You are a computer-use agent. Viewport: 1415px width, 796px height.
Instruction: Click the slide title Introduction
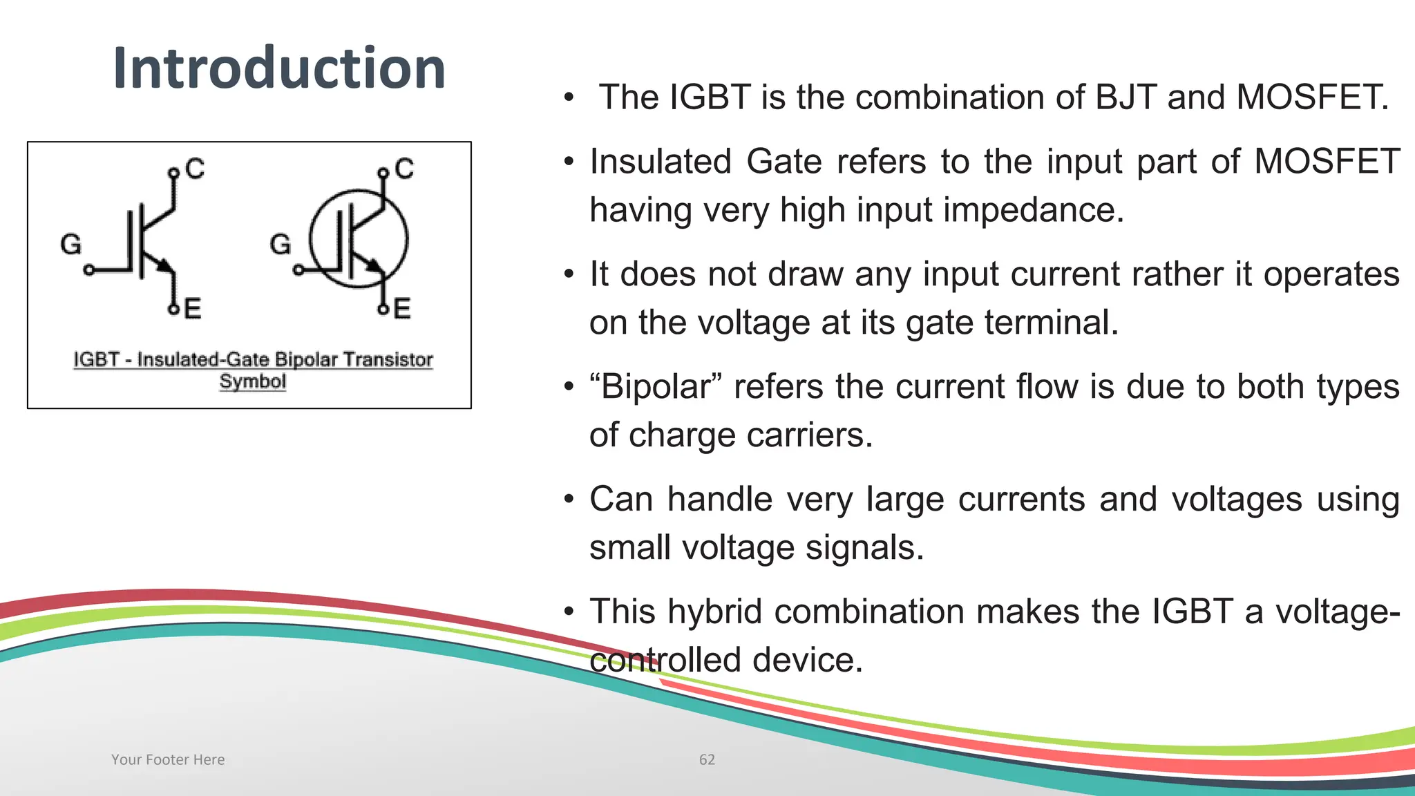point(279,68)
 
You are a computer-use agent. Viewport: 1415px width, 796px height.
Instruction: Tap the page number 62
point(707,759)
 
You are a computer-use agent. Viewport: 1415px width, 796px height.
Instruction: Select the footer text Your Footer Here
point(168,759)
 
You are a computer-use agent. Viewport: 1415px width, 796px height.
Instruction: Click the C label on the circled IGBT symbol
point(404,169)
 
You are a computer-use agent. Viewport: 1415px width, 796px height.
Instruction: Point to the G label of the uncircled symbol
point(70,244)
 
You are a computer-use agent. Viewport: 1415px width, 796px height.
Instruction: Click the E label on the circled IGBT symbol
point(402,308)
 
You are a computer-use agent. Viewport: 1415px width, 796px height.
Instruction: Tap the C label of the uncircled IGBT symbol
point(195,169)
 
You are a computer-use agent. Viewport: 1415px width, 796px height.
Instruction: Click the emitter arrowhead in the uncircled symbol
point(164,265)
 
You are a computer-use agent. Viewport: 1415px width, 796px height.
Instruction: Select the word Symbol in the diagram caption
point(252,381)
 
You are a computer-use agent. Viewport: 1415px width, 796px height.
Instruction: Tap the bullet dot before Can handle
point(569,499)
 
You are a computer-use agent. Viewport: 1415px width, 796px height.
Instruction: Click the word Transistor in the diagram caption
point(388,359)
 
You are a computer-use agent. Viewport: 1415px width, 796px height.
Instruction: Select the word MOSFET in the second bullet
point(1327,162)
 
